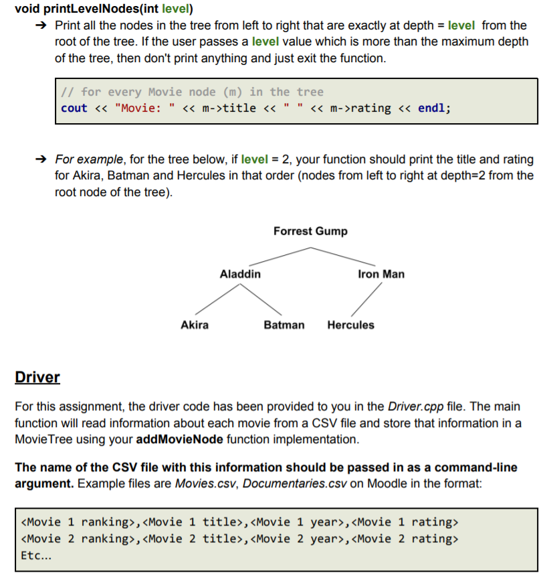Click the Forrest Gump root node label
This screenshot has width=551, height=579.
[310, 231]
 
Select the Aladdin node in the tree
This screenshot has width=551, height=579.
[241, 274]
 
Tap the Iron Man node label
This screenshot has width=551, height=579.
[381, 274]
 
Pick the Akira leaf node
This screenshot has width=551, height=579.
[195, 325]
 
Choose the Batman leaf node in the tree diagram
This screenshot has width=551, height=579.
[284, 325]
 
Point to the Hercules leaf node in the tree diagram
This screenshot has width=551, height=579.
[350, 325]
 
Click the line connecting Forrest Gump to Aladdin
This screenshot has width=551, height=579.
[279, 256]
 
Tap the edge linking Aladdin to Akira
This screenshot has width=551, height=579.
[216, 299]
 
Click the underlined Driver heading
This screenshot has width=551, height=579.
[37, 377]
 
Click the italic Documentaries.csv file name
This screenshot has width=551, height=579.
[294, 483]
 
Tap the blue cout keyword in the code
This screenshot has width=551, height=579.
[74, 108]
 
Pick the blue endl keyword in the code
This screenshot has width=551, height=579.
[433, 108]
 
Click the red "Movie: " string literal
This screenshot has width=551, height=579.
[143, 108]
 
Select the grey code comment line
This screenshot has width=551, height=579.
[192, 92]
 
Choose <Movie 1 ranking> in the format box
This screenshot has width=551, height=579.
[80, 521]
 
